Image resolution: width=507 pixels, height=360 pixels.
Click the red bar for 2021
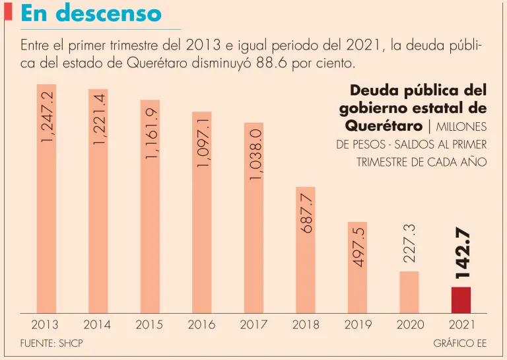coord(461,300)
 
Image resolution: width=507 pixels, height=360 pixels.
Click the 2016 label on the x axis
coord(201,324)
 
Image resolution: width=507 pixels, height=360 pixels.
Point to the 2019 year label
coord(358,324)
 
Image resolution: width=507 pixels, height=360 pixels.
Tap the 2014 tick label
coord(97,324)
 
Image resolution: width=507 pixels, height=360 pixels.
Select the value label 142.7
coord(461,252)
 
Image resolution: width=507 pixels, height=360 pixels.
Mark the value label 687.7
coord(306,211)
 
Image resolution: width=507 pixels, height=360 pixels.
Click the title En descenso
coord(90,13)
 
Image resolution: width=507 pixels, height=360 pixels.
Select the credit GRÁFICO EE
coord(460,343)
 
